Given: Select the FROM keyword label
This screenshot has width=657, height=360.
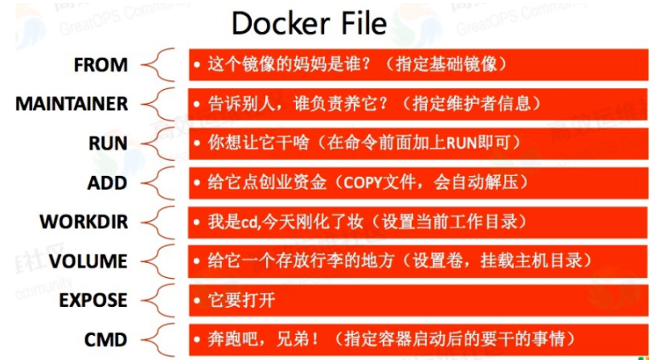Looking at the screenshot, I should [101, 65].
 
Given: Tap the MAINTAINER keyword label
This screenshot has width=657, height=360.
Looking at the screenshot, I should [72, 104].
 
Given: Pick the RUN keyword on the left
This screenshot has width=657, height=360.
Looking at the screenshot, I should [108, 144].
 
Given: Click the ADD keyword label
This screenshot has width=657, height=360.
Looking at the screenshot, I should [108, 183].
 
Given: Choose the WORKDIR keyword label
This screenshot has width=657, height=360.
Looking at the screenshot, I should [84, 222].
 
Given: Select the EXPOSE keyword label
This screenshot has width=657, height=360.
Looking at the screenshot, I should [93, 301].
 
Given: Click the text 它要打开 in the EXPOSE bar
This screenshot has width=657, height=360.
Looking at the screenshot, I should [235, 301].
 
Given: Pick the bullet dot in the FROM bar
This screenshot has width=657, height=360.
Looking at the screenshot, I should [197, 65].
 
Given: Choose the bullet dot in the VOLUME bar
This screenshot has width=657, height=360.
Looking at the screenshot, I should [197, 261].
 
